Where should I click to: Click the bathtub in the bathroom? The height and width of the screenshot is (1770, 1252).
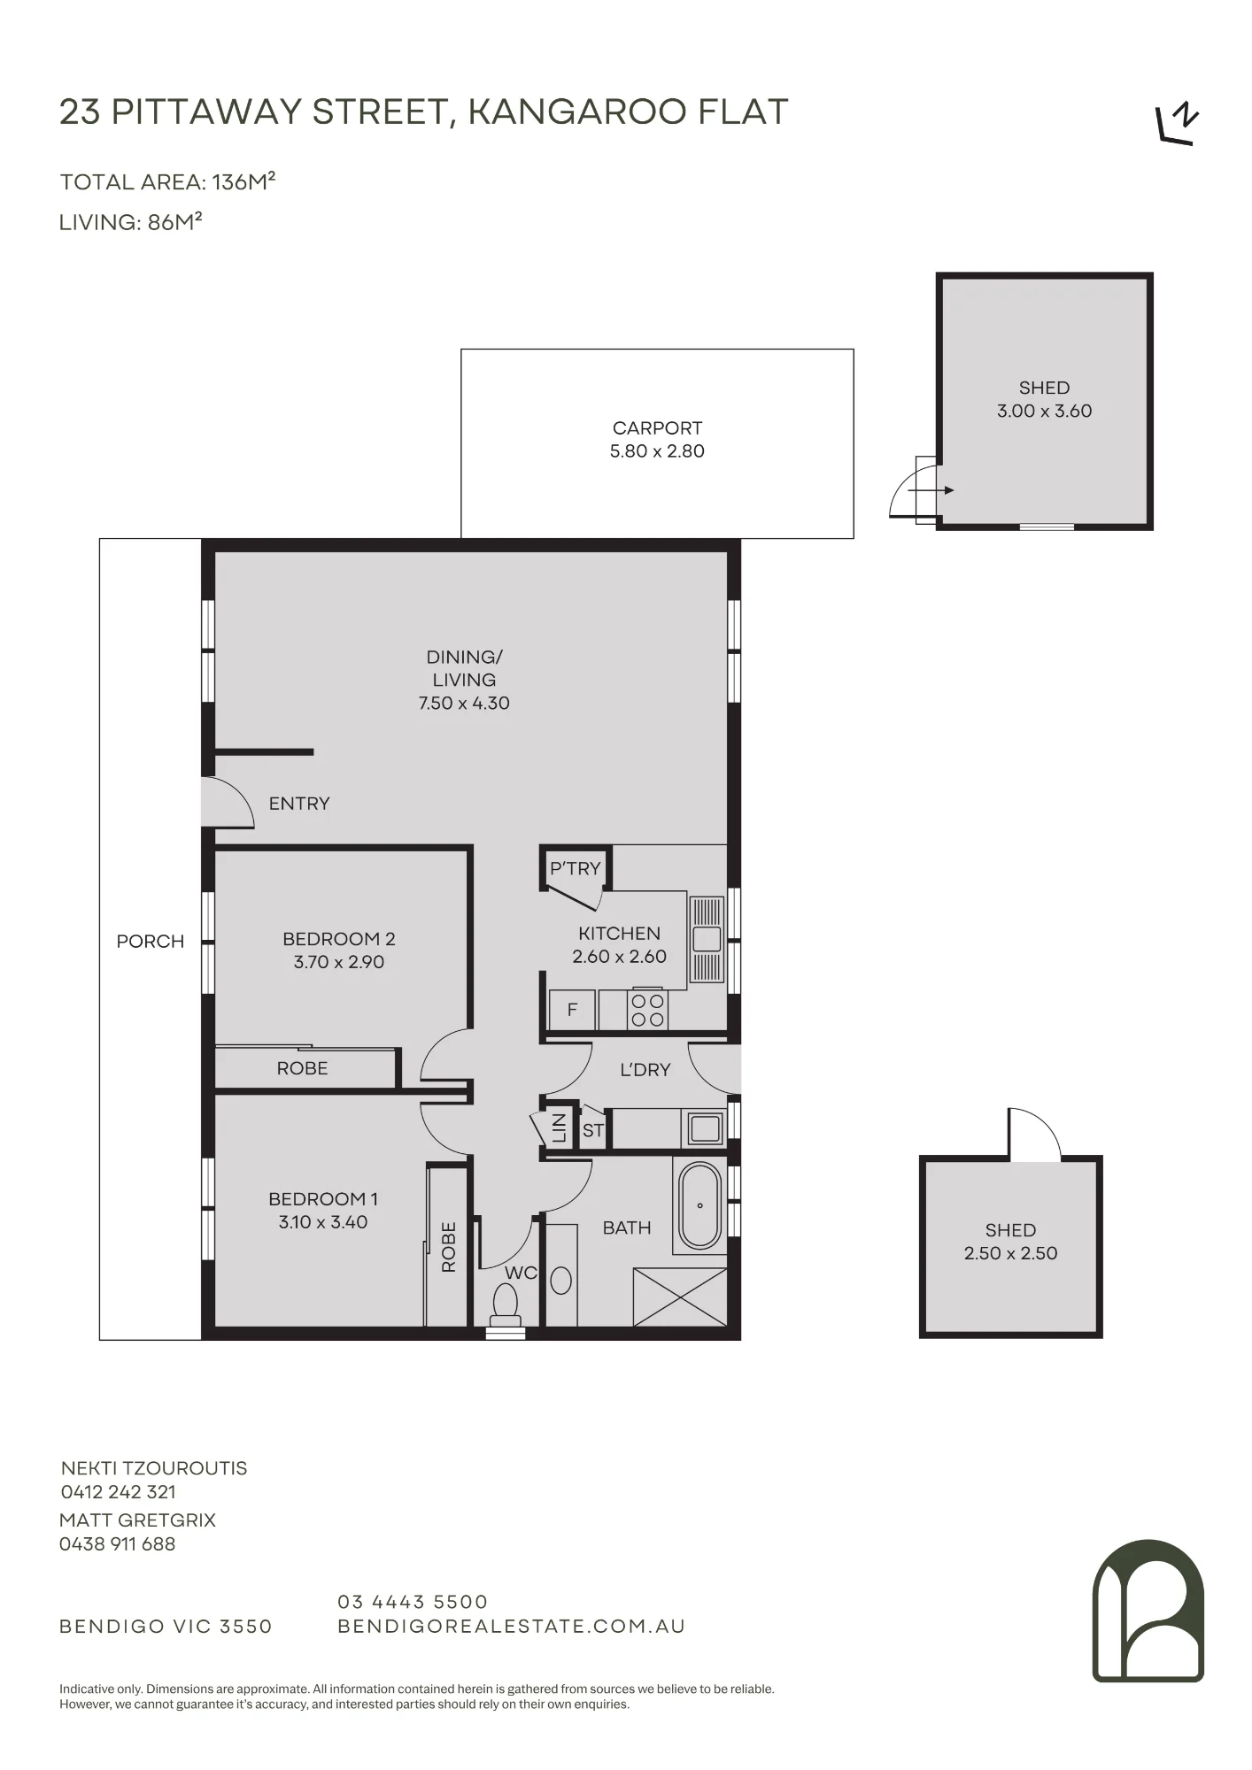pyautogui.click(x=699, y=1205)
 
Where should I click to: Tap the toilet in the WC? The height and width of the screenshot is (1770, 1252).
pyautogui.click(x=505, y=1304)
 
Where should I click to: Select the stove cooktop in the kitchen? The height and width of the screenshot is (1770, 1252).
pyautogui.click(x=647, y=1010)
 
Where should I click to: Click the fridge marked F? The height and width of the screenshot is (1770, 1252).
pyautogui.click(x=572, y=1010)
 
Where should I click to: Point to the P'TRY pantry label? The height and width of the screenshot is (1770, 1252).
pyautogui.click(x=575, y=868)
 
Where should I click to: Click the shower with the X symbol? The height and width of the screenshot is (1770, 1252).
pyautogui.click(x=680, y=1297)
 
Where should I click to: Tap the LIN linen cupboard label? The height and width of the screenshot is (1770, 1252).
pyautogui.click(x=559, y=1128)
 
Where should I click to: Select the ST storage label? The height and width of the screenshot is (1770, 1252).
pyautogui.click(x=592, y=1130)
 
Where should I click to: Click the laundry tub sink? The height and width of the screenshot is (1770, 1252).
pyautogui.click(x=706, y=1128)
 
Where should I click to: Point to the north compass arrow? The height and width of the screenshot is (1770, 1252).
pyautogui.click(x=1178, y=125)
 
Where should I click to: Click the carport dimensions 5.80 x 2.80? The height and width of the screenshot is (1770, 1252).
pyautogui.click(x=657, y=451)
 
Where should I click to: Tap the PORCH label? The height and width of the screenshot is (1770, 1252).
pyautogui.click(x=151, y=942)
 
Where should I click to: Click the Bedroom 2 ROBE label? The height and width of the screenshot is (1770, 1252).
pyautogui.click(x=302, y=1068)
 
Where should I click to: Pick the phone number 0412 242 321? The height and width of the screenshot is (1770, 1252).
pyautogui.click(x=119, y=1492)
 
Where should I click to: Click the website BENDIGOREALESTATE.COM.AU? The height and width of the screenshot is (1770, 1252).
pyautogui.click(x=512, y=1627)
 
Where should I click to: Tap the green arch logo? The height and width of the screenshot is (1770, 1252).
pyautogui.click(x=1148, y=1610)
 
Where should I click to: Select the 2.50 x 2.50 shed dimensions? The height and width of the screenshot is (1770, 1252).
pyautogui.click(x=1010, y=1253)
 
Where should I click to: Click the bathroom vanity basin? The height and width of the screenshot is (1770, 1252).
pyautogui.click(x=561, y=1281)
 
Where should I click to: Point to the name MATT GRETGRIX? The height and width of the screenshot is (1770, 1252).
pyautogui.click(x=137, y=1520)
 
